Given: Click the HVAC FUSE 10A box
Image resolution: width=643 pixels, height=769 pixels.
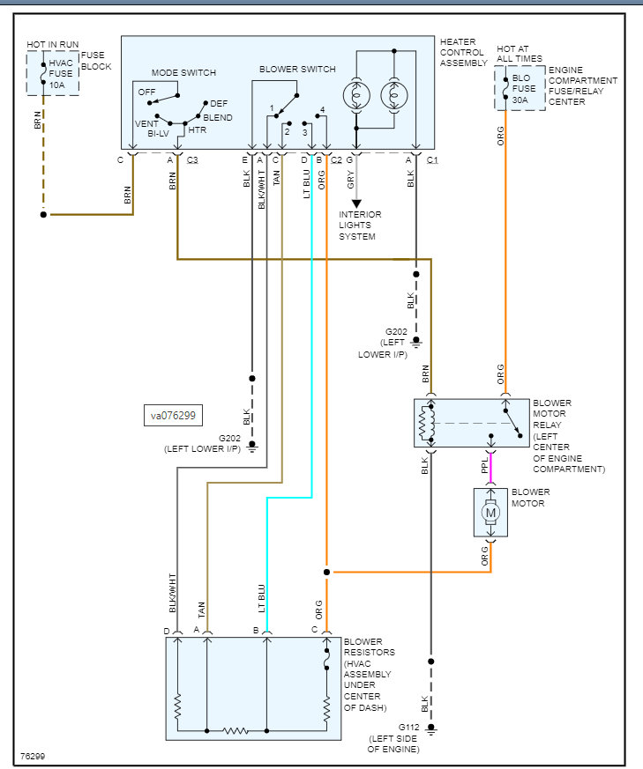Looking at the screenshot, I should (52, 72).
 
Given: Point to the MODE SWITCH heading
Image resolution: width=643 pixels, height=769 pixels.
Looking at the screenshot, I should (183, 72).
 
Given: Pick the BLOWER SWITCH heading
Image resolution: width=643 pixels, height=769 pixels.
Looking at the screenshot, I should (297, 69).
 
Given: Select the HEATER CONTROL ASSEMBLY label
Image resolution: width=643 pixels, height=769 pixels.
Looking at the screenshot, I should (464, 53).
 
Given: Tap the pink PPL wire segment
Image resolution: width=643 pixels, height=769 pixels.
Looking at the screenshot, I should (491, 467).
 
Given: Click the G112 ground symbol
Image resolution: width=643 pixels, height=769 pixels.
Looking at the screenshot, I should (431, 729).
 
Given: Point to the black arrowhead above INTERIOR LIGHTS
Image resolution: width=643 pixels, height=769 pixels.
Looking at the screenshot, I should (356, 203).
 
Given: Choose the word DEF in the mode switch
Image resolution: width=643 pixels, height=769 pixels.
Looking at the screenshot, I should (218, 104).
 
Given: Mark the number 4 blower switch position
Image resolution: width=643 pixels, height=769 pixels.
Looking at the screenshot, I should (324, 109).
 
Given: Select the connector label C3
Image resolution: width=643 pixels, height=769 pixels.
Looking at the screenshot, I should (191, 160).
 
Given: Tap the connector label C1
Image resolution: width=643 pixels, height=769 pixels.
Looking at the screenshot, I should (432, 160).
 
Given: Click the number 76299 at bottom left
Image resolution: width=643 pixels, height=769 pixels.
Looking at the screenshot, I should (34, 757).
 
